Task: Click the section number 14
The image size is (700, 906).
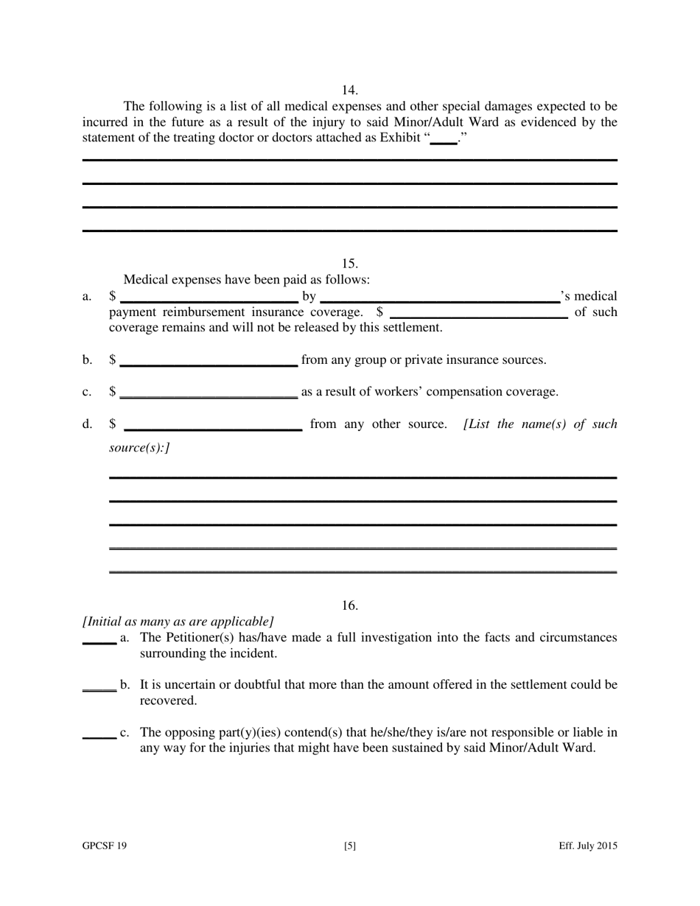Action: point(350,90)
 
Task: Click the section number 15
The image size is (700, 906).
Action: point(350,263)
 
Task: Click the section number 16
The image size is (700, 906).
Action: point(350,605)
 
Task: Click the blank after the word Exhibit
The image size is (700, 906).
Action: point(443,140)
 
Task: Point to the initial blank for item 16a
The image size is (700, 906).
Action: point(99,641)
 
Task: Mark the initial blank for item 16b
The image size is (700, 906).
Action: point(99,688)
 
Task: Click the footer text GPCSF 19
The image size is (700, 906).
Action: point(105,846)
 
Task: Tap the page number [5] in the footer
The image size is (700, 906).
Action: point(350,846)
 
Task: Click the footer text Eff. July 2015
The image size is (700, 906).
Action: point(587,846)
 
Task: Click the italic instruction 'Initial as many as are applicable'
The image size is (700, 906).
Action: point(178,621)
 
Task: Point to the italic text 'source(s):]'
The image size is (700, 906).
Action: point(139,447)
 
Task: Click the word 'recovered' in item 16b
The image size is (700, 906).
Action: point(169,700)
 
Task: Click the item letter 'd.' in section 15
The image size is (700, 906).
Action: point(88,424)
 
